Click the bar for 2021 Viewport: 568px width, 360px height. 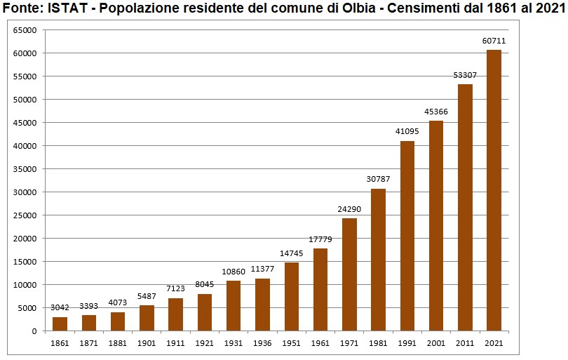[x=494, y=190]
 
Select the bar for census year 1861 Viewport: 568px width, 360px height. [x=60, y=324]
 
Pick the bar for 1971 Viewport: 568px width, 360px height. [x=349, y=274]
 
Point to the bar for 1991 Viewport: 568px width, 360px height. [x=407, y=236]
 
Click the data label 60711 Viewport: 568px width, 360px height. [x=494, y=41]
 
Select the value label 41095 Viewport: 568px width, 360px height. [x=407, y=131]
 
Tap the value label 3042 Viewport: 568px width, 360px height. [x=60, y=307]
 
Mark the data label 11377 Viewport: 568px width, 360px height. [x=262, y=269]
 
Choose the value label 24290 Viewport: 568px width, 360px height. [x=349, y=209]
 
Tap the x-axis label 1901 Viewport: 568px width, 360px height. [x=147, y=343]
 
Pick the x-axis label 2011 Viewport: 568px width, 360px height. [x=465, y=343]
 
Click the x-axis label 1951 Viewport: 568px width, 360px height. [x=292, y=343]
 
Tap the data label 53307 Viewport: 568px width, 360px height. [x=465, y=74]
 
